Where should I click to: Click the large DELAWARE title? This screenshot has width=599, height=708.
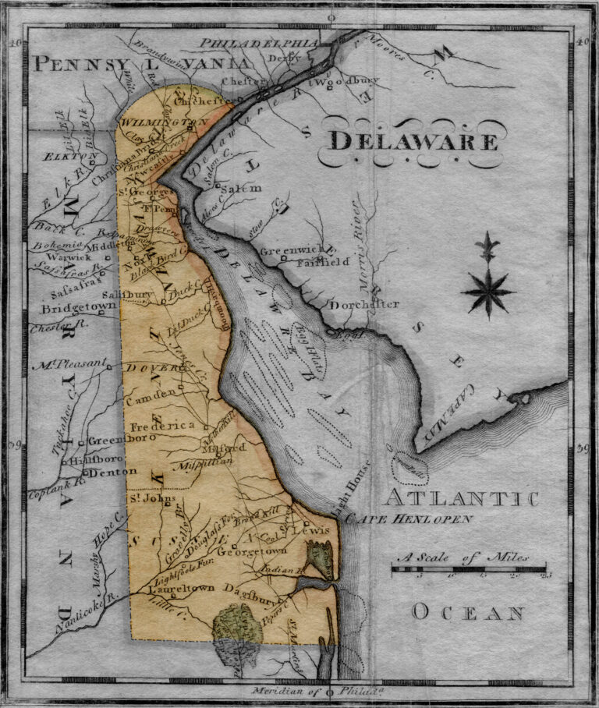413,142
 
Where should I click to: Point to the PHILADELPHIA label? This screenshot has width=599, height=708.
260,44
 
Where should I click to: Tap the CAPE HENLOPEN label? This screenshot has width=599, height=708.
409,519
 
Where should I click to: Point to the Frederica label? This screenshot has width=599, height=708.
161,427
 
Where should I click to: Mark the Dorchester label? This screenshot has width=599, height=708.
364,305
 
